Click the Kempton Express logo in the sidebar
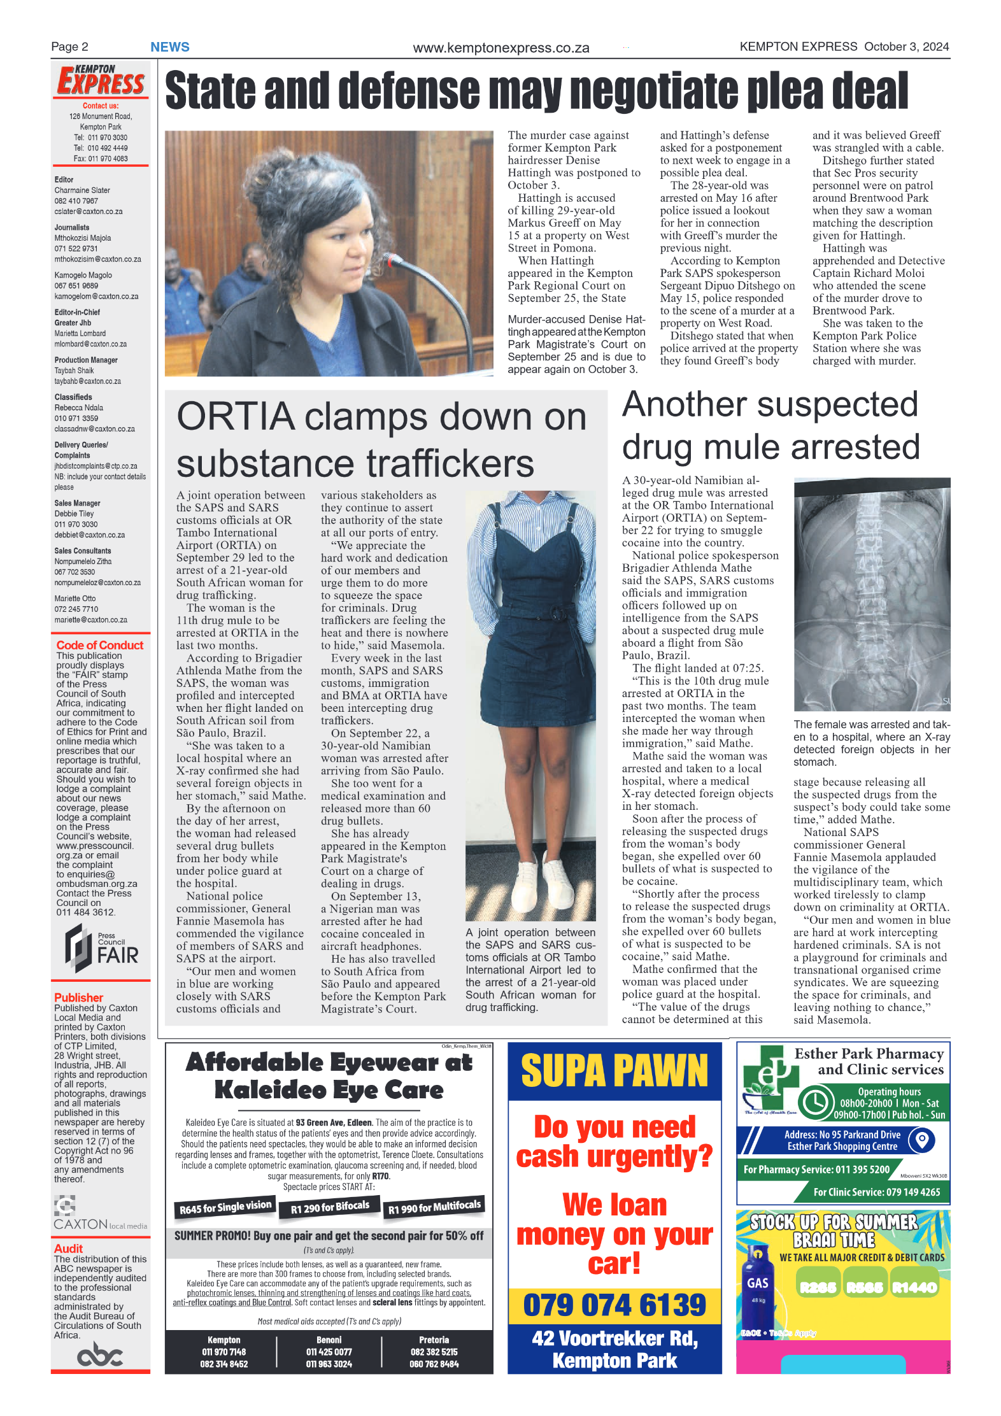click(101, 81)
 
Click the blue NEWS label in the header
click(169, 47)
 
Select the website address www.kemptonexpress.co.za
click(500, 48)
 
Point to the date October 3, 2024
click(906, 46)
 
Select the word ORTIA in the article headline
click(236, 417)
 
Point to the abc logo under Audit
click(99, 1354)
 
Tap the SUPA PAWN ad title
click(614, 1071)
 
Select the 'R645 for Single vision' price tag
click(225, 1207)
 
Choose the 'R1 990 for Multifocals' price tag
click(434, 1207)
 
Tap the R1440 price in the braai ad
click(914, 1287)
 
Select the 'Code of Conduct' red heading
click(100, 645)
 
